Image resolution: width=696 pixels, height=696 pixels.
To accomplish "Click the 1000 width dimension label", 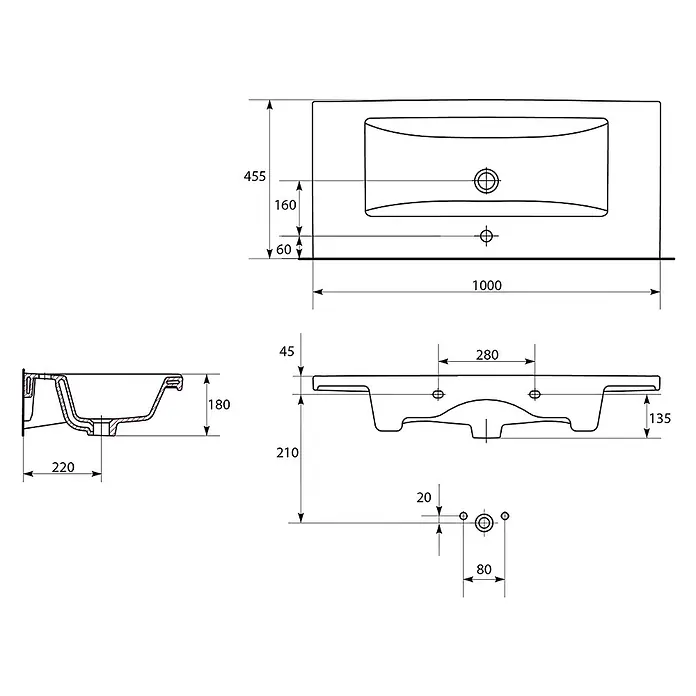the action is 486,285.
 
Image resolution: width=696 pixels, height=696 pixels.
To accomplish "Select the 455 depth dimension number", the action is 254,176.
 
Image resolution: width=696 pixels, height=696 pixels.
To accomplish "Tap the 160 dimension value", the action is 285,205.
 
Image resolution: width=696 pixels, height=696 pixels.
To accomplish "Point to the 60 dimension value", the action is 284,249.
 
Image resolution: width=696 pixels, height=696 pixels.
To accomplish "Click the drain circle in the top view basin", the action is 486,181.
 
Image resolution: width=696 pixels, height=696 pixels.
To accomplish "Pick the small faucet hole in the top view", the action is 486,236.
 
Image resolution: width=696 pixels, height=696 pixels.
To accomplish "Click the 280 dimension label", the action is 487,355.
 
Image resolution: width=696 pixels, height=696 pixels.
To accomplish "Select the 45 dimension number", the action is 287,352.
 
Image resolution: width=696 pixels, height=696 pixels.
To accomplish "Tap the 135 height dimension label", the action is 660,418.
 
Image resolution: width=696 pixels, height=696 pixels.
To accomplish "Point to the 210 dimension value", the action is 287,453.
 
